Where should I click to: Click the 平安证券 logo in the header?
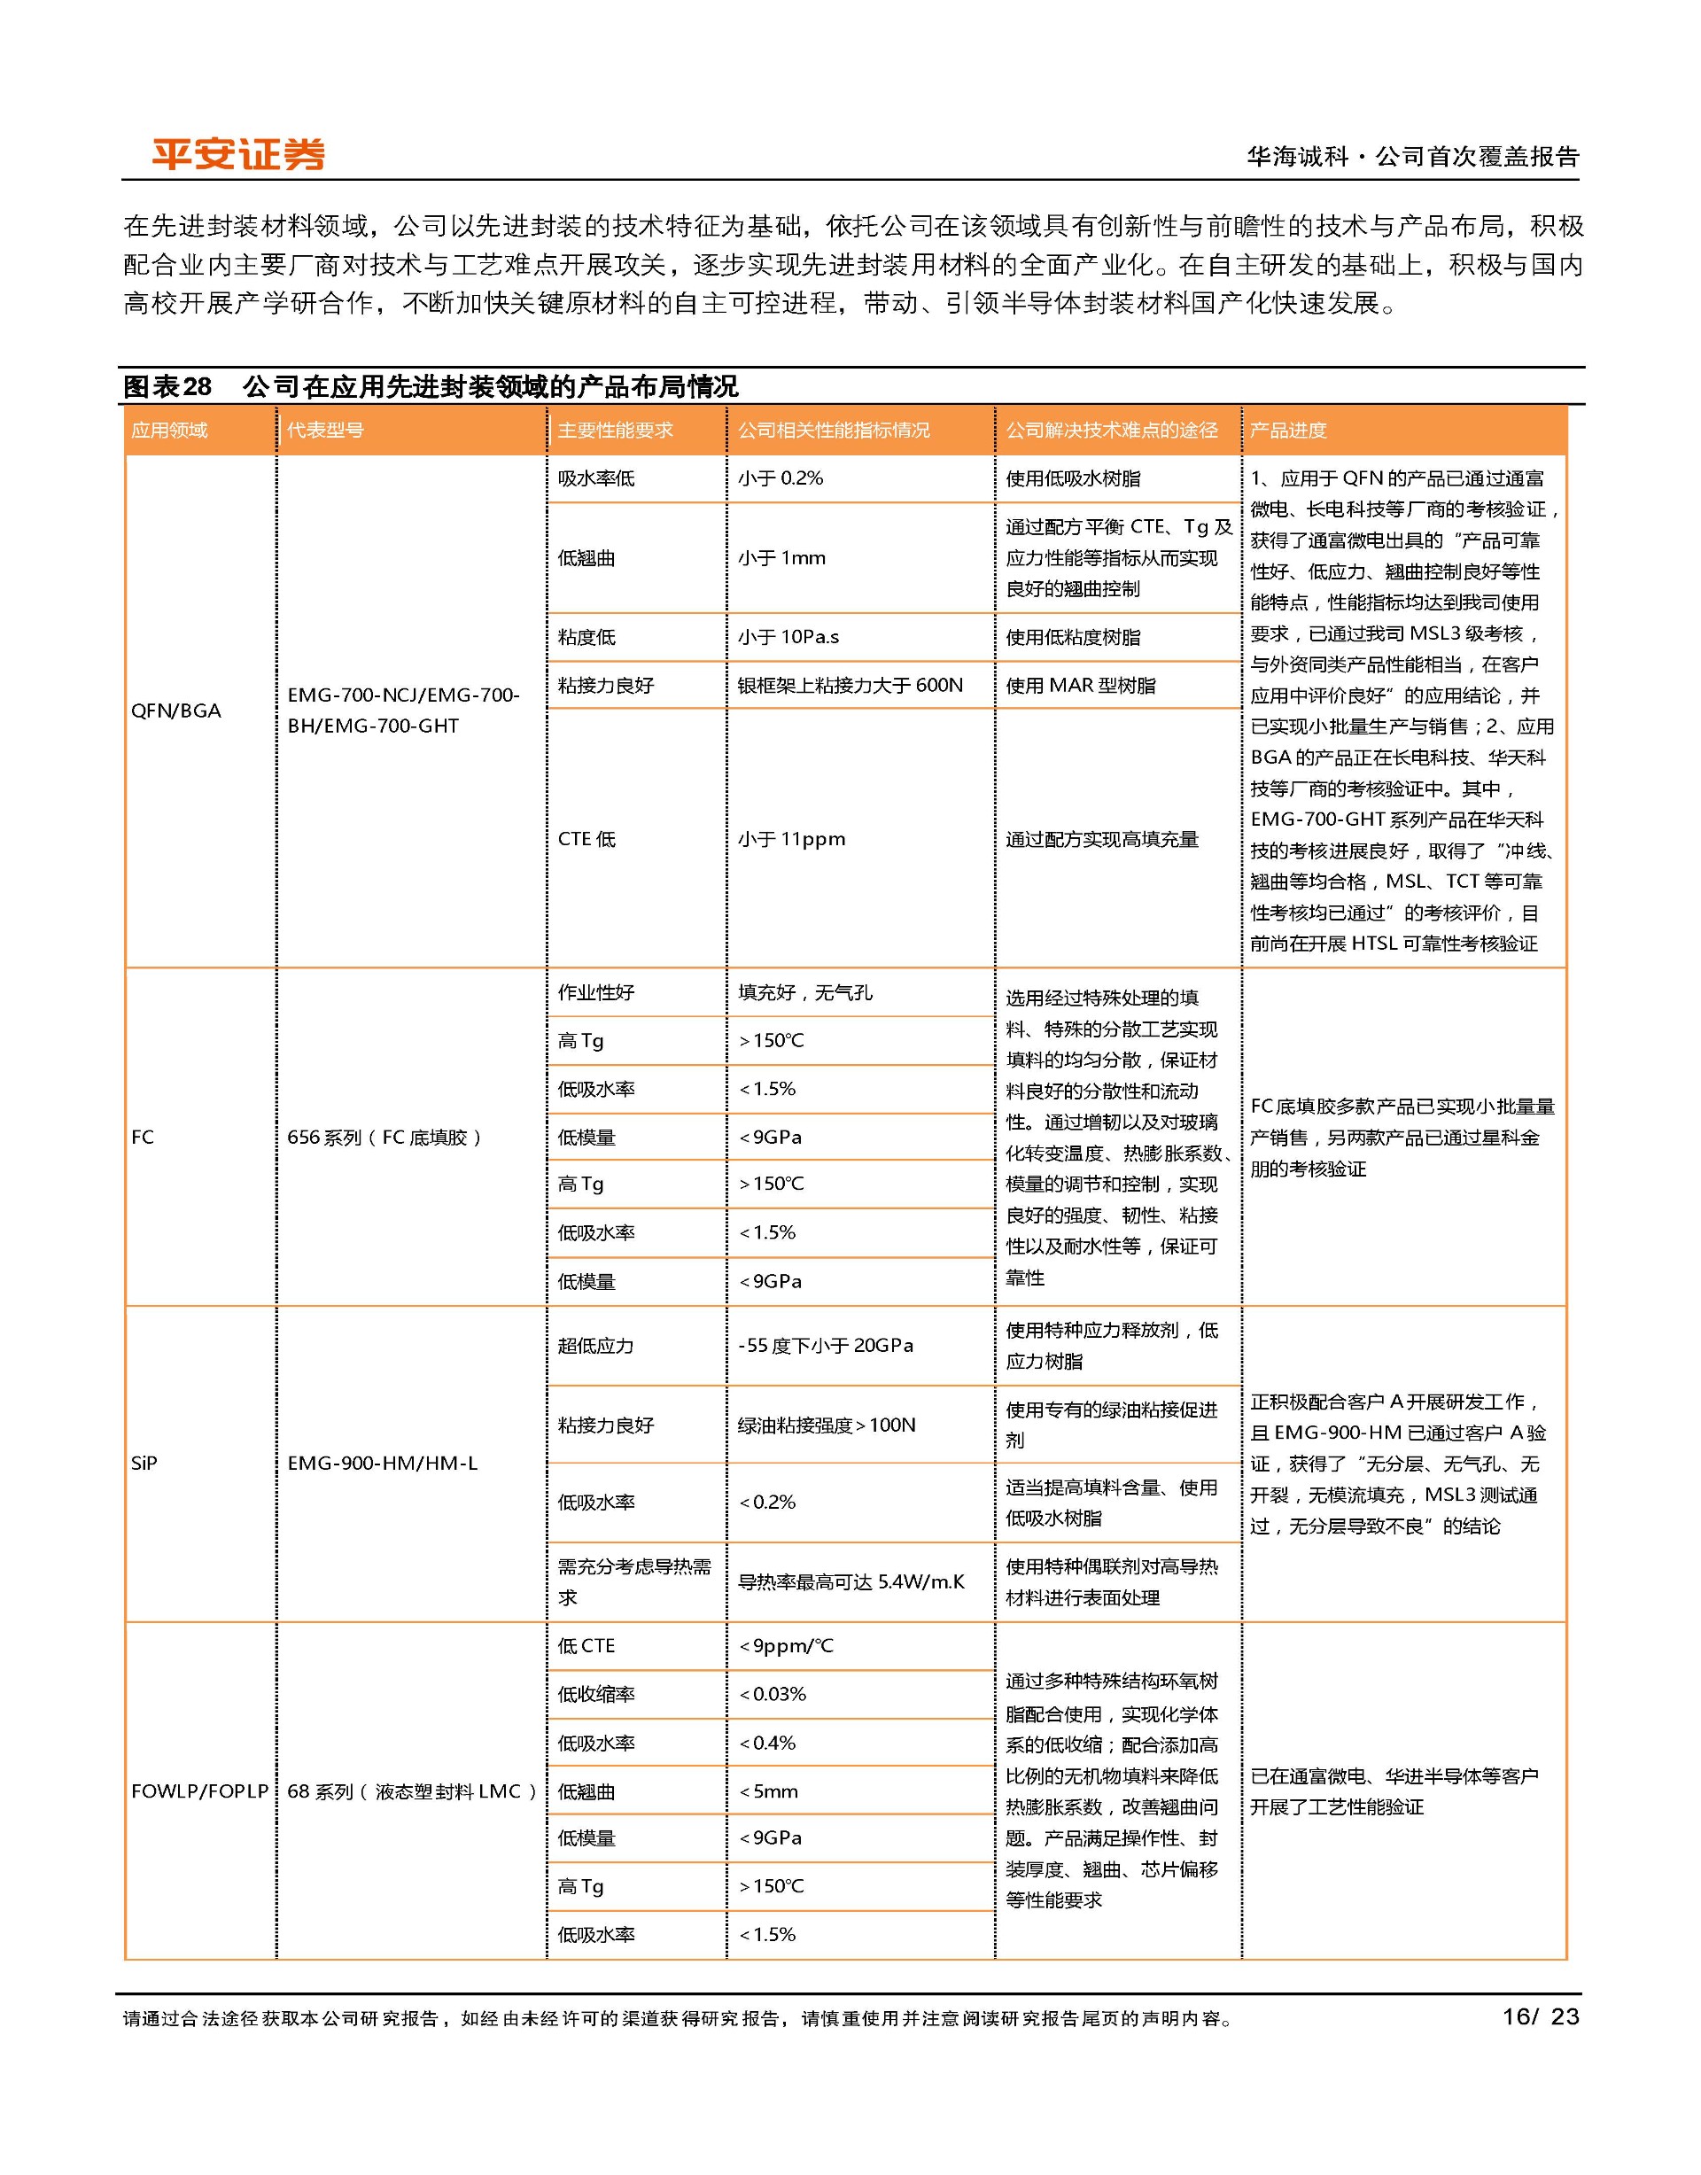tap(238, 154)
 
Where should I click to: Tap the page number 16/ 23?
tap(1540, 2016)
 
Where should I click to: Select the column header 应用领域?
tap(169, 431)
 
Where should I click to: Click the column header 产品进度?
tap(1289, 431)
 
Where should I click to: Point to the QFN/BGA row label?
tap(176, 710)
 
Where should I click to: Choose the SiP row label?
tap(144, 1463)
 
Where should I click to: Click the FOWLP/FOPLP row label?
tap(200, 1790)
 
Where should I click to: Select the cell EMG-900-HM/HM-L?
tap(383, 1463)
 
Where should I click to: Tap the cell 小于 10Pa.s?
tap(788, 637)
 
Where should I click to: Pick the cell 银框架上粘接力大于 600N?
tap(850, 685)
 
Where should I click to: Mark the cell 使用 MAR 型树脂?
tap(1081, 685)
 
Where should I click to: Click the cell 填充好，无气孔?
tap(804, 992)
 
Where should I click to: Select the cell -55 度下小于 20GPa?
tap(826, 1346)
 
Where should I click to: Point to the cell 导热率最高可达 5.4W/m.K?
tap(851, 1581)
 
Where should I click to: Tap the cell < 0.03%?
tap(773, 1694)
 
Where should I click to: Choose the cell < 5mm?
tap(769, 1791)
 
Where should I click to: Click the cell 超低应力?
tap(595, 1346)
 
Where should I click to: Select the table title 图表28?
tap(167, 386)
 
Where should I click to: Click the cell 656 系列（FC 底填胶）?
tap(384, 1138)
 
